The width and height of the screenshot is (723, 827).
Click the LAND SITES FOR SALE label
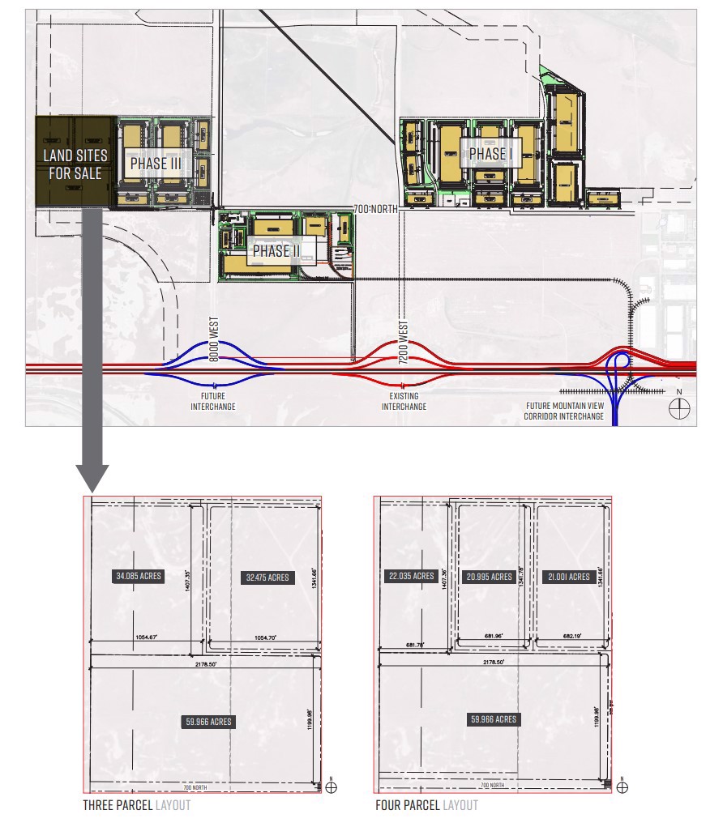[x=74, y=164]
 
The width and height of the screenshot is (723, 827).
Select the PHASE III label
[x=156, y=163]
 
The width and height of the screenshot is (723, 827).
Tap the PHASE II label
[x=276, y=251]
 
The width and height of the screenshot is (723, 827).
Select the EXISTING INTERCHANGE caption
[x=404, y=401]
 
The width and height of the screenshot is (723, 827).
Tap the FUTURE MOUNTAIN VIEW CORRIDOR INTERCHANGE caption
[x=563, y=411]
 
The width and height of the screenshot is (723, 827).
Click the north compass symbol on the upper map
[x=678, y=409]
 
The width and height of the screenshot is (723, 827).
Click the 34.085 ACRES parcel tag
[x=138, y=577]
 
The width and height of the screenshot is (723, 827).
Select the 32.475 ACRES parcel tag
[x=267, y=578]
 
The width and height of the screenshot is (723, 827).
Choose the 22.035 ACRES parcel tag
[x=412, y=577]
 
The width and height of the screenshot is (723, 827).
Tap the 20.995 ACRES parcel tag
[x=489, y=577]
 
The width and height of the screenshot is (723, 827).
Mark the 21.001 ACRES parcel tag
[x=567, y=577]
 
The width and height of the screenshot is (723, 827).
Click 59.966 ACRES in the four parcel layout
[x=493, y=719]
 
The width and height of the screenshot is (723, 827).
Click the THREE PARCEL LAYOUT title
[x=136, y=805]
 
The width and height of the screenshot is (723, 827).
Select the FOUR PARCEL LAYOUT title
[x=426, y=805]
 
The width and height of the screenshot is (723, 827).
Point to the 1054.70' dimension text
[x=265, y=638]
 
